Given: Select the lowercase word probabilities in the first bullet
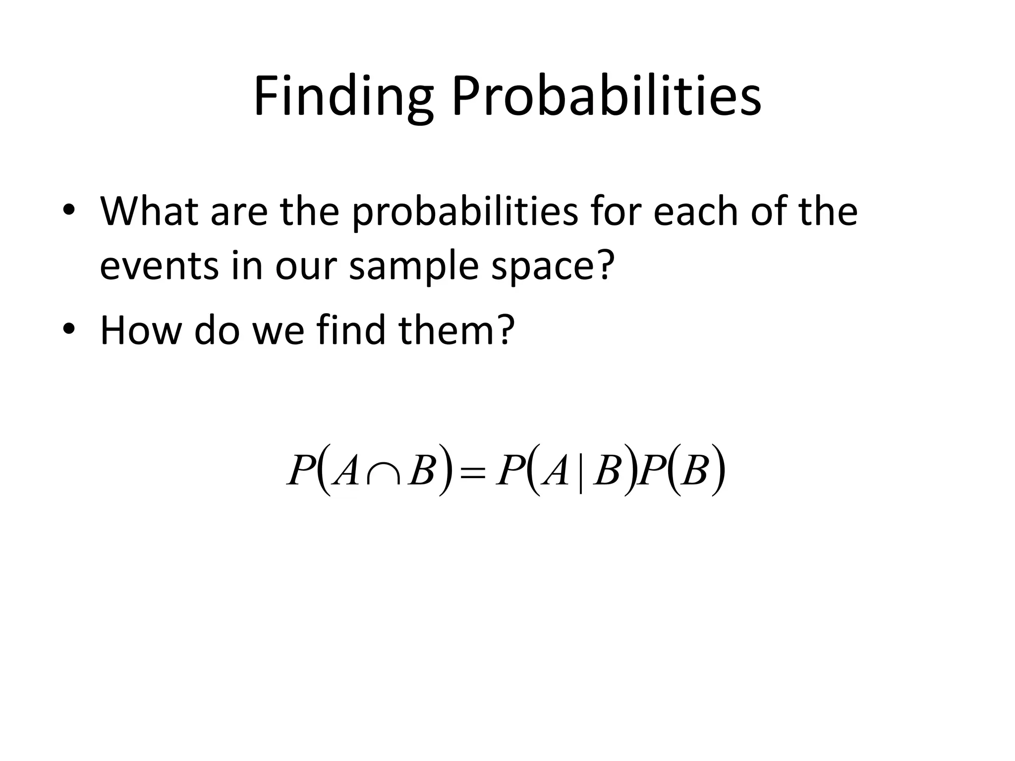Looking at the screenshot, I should (465, 213).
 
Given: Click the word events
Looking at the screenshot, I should (159, 266).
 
